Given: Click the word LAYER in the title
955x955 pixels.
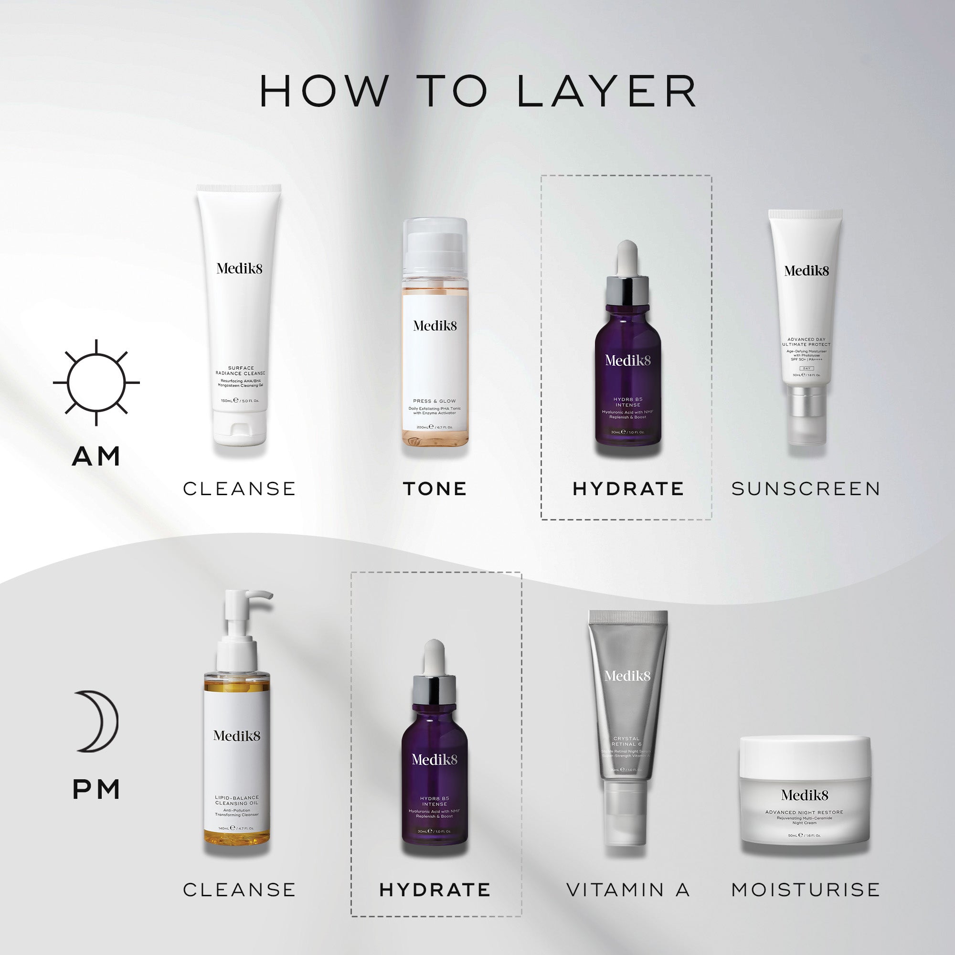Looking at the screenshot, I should (x=606, y=92).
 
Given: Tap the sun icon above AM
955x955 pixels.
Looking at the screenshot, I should (x=96, y=382).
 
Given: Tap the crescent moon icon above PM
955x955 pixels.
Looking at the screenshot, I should (x=97, y=721).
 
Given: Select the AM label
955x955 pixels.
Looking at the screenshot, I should (x=96, y=456).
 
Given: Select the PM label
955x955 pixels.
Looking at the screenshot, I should (x=96, y=790).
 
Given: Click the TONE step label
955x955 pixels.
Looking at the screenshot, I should (x=435, y=489).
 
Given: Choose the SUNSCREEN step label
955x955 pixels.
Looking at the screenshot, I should (x=806, y=489).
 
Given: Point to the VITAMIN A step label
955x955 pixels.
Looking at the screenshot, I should (x=628, y=890).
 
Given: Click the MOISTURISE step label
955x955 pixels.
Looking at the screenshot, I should (x=806, y=890).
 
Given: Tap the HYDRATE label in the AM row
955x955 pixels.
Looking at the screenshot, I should (x=628, y=489).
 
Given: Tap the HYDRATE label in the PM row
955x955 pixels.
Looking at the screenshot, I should (x=435, y=890).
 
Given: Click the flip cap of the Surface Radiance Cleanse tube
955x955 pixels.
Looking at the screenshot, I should (x=240, y=427).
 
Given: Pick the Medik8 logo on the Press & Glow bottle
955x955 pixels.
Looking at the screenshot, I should (x=435, y=326).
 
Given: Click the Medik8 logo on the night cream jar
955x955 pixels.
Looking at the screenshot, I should (x=804, y=796).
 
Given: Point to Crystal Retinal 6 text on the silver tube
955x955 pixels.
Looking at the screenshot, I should (x=626, y=742).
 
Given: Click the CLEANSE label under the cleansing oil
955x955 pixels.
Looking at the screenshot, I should (x=239, y=890).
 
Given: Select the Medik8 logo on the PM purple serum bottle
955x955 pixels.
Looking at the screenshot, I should (x=435, y=760).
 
